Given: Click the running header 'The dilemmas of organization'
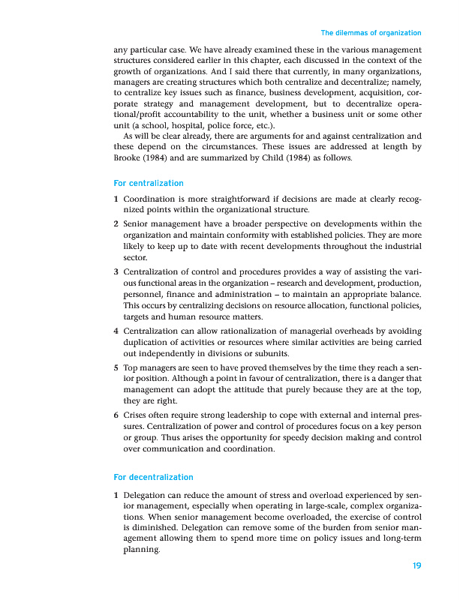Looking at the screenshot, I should point(371,33).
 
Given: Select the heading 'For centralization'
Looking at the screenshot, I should point(148,183).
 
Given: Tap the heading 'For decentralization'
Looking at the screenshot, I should point(153,477).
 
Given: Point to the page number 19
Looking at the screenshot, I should point(416,565).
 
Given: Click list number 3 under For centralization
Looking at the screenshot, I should point(116,271).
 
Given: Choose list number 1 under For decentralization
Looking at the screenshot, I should point(116,496).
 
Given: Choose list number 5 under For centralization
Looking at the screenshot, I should point(116,368).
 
